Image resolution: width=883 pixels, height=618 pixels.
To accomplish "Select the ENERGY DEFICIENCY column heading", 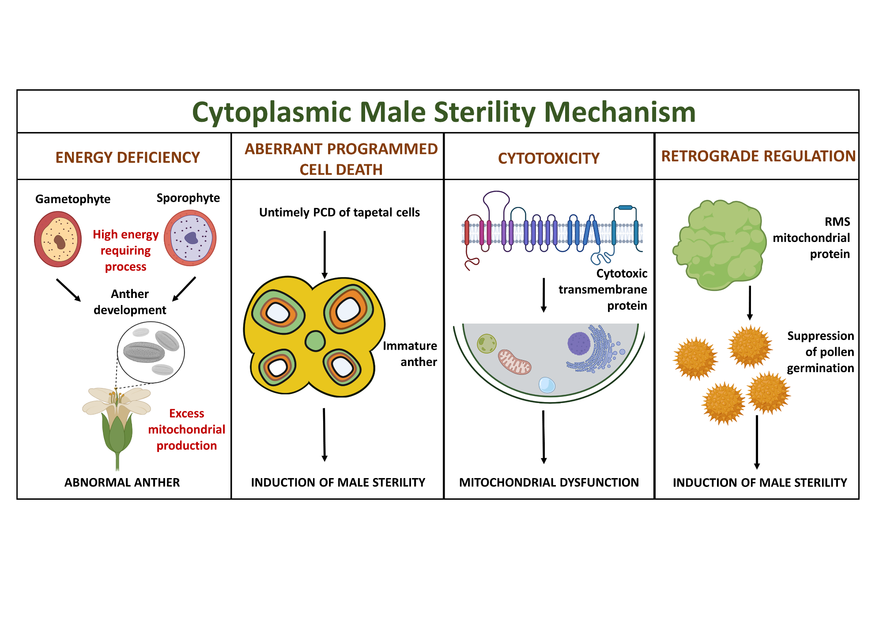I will tap(128, 158).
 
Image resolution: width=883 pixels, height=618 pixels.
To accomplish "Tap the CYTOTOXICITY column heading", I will tap(549, 158).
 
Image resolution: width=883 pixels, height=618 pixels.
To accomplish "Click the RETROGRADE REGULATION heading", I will tap(758, 156).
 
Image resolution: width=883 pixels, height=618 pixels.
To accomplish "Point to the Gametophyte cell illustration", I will tap(58, 239).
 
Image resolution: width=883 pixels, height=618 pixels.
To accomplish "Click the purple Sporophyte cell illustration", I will tap(190, 238).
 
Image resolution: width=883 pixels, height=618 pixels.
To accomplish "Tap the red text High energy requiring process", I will tap(125, 250).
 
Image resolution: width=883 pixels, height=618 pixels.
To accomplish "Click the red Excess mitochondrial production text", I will tap(186, 430).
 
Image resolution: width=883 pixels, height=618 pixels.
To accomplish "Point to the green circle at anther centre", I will tap(315, 341).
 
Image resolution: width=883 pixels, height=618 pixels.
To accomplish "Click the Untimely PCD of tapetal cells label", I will tap(339, 212).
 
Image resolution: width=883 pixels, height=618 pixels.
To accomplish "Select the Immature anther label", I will tap(410, 354).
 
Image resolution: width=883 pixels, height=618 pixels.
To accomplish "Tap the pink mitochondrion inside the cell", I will tap(514, 362).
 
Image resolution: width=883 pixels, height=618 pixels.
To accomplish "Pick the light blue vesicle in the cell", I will tap(547, 385).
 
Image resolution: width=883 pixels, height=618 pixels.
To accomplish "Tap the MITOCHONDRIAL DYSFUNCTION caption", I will tap(549, 482).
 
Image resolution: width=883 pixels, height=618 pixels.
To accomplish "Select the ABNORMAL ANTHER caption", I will tap(122, 482).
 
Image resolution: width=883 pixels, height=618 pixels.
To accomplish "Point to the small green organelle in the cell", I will tap(487, 343).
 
